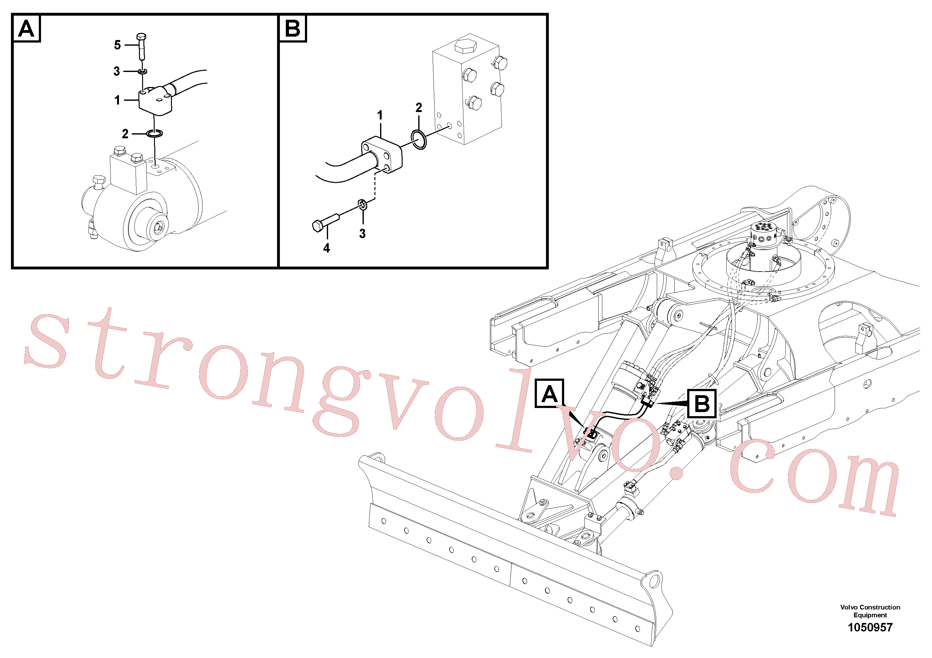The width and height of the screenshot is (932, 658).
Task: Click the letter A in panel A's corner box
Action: (26, 29)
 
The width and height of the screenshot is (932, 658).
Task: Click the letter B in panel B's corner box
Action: (292, 28)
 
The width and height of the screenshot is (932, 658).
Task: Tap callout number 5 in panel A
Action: (117, 45)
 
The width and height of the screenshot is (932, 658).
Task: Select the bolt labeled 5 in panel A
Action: (142, 46)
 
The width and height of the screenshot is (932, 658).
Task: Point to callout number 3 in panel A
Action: (117, 71)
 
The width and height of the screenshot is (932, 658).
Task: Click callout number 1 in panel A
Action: (117, 100)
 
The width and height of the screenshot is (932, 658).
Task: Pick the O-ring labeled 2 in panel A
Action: (154, 134)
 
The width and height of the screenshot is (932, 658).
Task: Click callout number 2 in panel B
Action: (419, 108)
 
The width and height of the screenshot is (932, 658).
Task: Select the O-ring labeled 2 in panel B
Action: (419, 140)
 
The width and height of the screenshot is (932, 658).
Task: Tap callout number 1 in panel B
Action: (380, 115)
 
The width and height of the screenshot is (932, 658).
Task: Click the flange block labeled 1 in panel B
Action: (382, 155)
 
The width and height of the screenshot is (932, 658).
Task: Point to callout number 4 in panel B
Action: (326, 248)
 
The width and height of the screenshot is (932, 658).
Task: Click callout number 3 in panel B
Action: (363, 233)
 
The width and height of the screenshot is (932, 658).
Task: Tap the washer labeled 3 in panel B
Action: (363, 205)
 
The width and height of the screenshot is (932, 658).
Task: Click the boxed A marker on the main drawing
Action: (549, 393)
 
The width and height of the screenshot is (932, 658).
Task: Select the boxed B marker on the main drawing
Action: (702, 404)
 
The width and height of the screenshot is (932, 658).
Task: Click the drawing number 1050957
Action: (870, 628)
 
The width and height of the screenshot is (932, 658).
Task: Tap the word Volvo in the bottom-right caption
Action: (849, 607)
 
